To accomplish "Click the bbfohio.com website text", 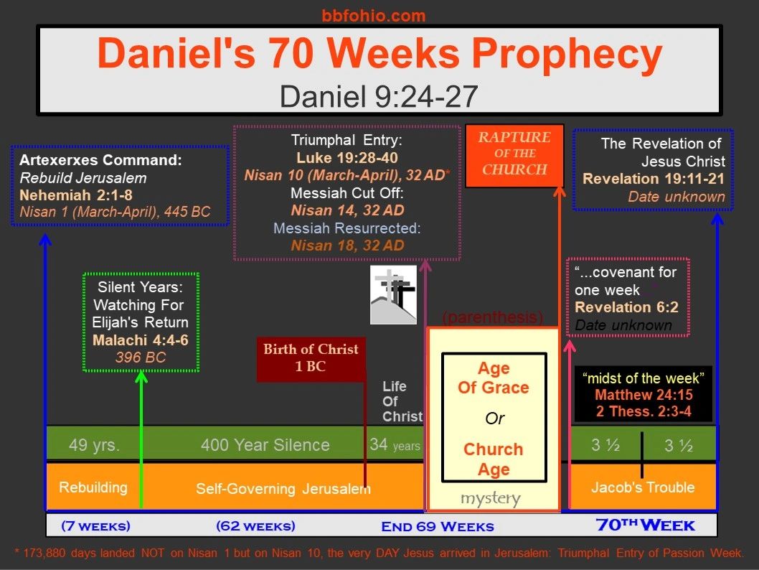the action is coord(374,16).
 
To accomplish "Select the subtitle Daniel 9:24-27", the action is coord(379,96).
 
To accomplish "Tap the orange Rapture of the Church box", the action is coord(514,156).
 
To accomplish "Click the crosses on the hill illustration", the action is coord(393,294).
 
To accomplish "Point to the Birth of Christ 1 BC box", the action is coord(311,358).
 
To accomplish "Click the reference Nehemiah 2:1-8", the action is coord(76,195).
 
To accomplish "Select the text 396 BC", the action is coord(141,358).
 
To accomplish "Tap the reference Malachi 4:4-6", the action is coord(141,340).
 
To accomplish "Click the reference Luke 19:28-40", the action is coord(347,158).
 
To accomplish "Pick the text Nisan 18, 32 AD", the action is coord(347,246).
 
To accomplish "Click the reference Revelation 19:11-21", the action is coord(654,179).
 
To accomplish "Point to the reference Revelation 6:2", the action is coord(626,307).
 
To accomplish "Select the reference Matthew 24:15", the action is coord(643,395).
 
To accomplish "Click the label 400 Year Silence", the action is coord(265,444).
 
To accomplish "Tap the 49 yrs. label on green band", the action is coord(94,444).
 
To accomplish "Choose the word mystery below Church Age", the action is coord(491,498).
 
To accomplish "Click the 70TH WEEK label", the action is coord(645,525).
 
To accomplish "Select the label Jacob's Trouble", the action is coord(643,487).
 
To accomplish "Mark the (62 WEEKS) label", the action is coord(255,526).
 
